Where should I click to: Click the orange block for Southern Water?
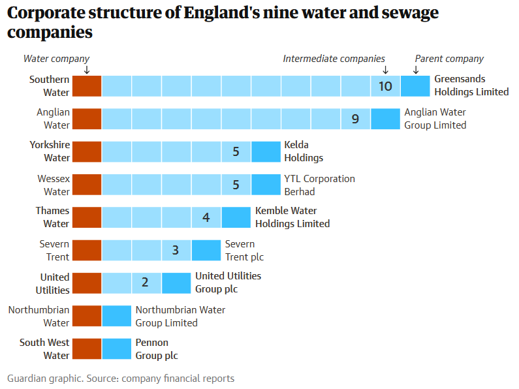tap(87, 86)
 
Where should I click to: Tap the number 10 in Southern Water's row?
tap(385, 86)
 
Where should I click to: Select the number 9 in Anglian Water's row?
tap(355, 119)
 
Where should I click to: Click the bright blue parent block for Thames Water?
tap(236, 217)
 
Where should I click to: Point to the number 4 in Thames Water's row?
tap(206, 217)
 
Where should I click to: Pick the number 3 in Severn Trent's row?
tap(176, 250)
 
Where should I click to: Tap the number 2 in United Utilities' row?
tap(145, 283)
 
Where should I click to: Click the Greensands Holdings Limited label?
tap(471, 86)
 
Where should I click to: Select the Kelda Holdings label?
tap(304, 151)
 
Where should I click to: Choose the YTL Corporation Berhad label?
tap(319, 185)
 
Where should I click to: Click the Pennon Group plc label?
tap(156, 349)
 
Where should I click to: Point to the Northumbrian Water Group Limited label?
tap(180, 316)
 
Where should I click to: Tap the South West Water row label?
tap(44, 349)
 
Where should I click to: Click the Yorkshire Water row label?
tap(50, 151)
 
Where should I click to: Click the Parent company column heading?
tap(449, 59)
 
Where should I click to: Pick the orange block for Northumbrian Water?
tap(87, 316)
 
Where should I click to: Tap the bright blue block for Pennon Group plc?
tap(117, 349)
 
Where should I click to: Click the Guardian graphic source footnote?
tap(121, 379)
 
